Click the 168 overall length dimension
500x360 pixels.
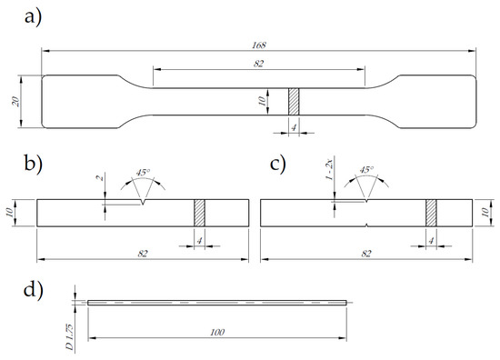pyautogui.click(x=258, y=45)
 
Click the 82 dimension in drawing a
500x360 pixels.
pyautogui.click(x=258, y=64)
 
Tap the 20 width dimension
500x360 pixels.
pyautogui.click(x=15, y=102)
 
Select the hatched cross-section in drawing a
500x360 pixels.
pyautogui.click(x=294, y=102)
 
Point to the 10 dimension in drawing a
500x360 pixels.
pyautogui.click(x=262, y=102)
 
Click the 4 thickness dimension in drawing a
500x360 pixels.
pyautogui.click(x=294, y=127)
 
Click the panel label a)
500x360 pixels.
pyautogui.click(x=33, y=17)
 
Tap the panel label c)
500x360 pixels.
pyautogui.click(x=278, y=164)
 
